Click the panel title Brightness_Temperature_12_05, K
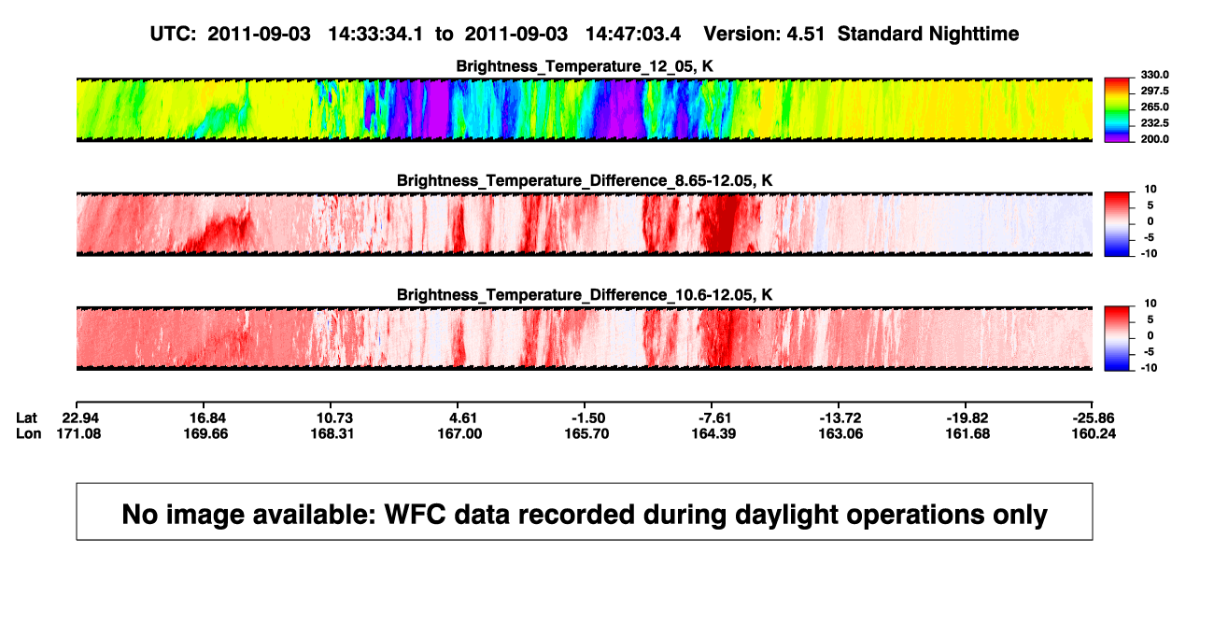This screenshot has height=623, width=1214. tap(585, 66)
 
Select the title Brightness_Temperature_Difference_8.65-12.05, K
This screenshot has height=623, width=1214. tap(585, 180)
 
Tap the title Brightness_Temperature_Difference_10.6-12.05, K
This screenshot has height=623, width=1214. tap(585, 295)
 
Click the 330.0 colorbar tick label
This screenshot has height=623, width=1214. tap(1154, 75)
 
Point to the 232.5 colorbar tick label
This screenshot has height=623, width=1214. tap(1154, 123)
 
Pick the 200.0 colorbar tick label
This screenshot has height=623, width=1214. tap(1154, 139)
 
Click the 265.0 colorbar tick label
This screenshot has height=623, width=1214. tap(1154, 106)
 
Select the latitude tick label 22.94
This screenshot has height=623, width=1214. tap(80, 418)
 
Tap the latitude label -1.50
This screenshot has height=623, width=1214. tap(588, 418)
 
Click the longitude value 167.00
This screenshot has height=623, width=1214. tap(459, 433)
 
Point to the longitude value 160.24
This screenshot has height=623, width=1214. tap(1094, 433)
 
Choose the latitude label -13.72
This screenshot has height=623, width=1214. tap(840, 418)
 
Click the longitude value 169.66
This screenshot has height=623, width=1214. tap(205, 433)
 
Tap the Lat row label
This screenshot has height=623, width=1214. tap(26, 418)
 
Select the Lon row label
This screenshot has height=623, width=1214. tap(29, 433)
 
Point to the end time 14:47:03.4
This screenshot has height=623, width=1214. tap(633, 35)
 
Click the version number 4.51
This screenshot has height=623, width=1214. tap(805, 35)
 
